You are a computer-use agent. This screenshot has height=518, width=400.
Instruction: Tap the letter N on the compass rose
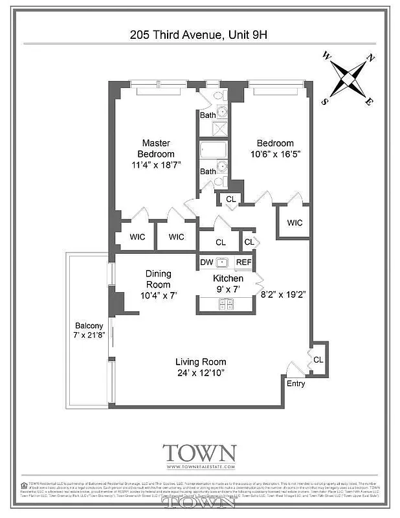pyautogui.click(x=370, y=58)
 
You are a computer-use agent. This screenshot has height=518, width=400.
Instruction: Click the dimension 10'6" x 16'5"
pyautogui.click(x=275, y=154)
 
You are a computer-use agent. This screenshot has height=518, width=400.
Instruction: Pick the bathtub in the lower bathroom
pyautogui.click(x=210, y=151)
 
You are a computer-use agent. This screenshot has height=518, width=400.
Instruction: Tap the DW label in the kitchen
pyautogui.click(x=206, y=262)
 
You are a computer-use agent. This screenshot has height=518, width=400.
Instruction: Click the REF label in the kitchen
pyautogui.click(x=243, y=262)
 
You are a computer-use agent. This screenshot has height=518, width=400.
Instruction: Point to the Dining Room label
pyautogui.click(x=158, y=279)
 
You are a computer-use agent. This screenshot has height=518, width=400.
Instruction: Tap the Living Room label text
pyautogui.click(x=201, y=361)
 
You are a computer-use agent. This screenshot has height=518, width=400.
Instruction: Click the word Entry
pyautogui.click(x=296, y=384)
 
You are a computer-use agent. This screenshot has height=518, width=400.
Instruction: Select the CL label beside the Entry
pyautogui.click(x=318, y=359)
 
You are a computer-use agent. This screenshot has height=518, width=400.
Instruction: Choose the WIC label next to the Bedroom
pyautogui.click(x=294, y=223)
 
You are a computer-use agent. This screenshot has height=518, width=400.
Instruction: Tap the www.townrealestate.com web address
pyautogui.click(x=199, y=466)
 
